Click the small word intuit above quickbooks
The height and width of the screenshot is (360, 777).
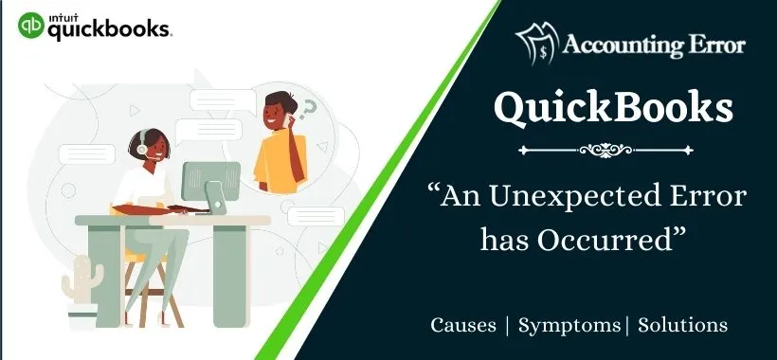[x=62, y=13]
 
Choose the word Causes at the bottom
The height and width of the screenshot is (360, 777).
[x=463, y=325]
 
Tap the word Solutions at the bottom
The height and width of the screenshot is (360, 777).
[x=683, y=325]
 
